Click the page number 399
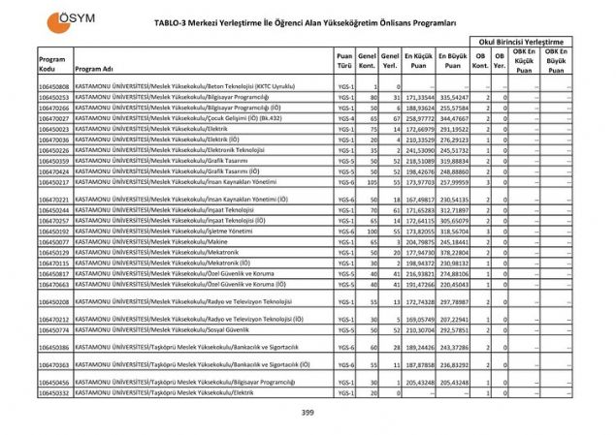308,414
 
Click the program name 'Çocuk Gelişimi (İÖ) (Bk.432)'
174,117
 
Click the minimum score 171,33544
419,98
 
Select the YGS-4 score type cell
345,117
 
